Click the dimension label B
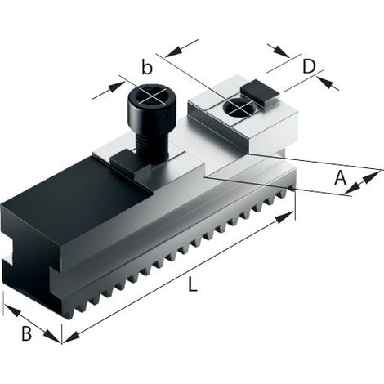coord(26,333)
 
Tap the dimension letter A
coord(340,178)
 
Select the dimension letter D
coord(309,66)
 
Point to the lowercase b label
coord(147,67)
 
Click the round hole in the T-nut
coord(239,106)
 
